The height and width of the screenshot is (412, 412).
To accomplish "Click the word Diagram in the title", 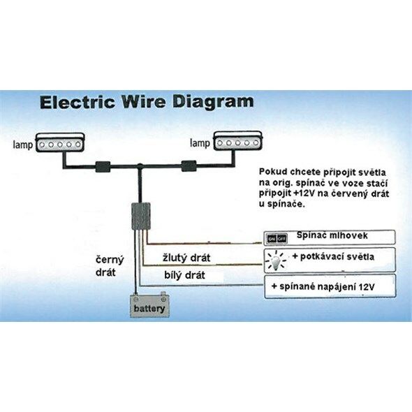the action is [213, 103].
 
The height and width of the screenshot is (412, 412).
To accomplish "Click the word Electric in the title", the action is [78, 102].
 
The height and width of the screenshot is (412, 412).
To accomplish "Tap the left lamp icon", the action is [60, 142].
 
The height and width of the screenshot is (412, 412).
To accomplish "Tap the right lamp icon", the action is [238, 141].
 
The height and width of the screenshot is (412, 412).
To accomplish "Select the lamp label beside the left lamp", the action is [23, 145].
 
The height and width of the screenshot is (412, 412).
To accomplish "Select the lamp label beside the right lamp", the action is [200, 143].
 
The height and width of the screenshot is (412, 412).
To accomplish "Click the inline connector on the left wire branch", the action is [103, 167].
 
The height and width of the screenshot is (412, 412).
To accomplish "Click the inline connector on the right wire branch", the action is [189, 165].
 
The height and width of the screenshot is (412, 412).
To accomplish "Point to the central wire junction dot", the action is [140, 165].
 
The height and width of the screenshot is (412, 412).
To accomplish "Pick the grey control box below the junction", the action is [141, 216].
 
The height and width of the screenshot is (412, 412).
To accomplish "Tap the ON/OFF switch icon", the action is [276, 239].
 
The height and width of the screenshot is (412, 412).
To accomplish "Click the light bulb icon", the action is [275, 261].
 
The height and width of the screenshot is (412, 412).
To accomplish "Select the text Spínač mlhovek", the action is [332, 235].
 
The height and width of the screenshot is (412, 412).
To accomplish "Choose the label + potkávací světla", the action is [333, 256].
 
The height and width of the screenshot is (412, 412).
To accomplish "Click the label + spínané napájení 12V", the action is [323, 286].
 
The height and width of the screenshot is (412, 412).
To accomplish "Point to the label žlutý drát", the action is [186, 258].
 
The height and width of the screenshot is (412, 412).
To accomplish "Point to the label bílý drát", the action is [184, 275].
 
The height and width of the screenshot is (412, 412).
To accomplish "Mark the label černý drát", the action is [110, 265].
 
